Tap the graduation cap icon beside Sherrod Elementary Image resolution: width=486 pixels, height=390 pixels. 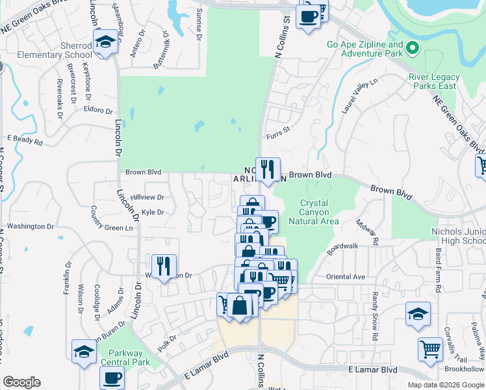click(x=104, y=44)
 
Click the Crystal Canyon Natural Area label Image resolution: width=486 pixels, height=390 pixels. click(x=318, y=212)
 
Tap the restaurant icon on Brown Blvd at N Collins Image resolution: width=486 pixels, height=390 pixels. click(x=268, y=170)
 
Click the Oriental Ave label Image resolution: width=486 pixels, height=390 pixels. click(x=345, y=277)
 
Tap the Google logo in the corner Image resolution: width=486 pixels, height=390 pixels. click(x=21, y=382)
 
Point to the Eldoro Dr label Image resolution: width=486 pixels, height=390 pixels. click(x=98, y=110)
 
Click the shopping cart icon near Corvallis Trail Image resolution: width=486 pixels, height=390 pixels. click(x=430, y=350)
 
